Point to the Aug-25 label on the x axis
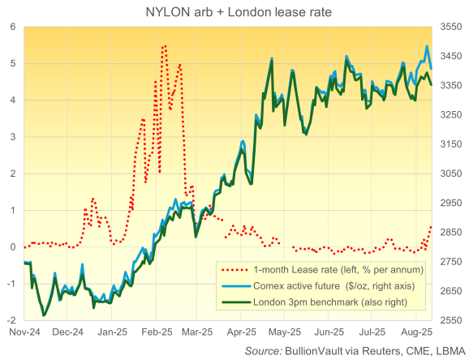coord(416,332)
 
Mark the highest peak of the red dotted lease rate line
coord(165,45)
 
